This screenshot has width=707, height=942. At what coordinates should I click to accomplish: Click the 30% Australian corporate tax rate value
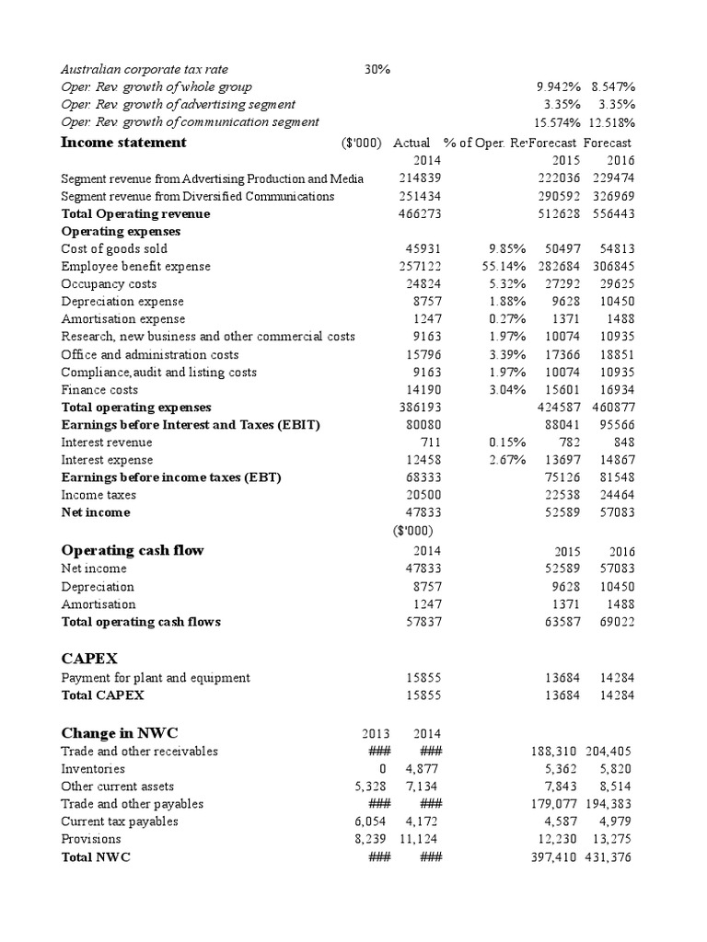377,69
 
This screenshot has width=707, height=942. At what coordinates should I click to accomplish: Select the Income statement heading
123,143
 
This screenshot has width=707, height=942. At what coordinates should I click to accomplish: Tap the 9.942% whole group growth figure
559,86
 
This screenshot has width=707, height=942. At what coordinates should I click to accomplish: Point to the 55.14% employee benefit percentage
504,266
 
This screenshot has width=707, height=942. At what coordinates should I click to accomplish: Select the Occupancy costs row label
109,284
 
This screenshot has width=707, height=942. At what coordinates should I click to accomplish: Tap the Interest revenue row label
107,442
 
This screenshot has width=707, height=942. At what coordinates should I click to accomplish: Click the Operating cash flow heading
133,550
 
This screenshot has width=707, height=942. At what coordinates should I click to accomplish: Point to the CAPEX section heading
91,659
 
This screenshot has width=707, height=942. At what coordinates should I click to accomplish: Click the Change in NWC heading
120,733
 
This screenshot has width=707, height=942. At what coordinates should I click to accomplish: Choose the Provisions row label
90,839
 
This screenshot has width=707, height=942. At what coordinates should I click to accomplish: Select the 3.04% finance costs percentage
507,390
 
